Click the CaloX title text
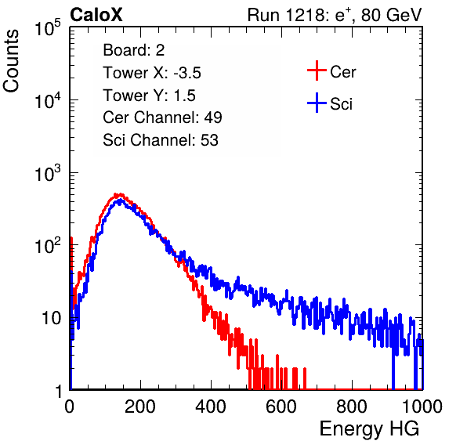click(x=96, y=15)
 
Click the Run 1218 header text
click(x=335, y=15)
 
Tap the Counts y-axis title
click(x=11, y=61)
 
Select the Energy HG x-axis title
click(x=369, y=428)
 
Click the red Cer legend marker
click(x=317, y=70)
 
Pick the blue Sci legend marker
click(x=317, y=103)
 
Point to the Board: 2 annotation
click(x=134, y=50)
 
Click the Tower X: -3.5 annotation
click(x=152, y=73)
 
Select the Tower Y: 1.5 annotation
click(x=149, y=96)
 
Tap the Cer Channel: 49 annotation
click(x=162, y=117)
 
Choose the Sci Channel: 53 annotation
click(x=161, y=140)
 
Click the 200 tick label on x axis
click(x=140, y=406)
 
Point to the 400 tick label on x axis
click(x=211, y=406)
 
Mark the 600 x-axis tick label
click(x=281, y=406)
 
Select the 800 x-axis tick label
click(x=352, y=406)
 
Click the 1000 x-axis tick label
click(x=422, y=406)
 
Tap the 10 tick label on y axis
click(x=52, y=318)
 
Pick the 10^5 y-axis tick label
click(x=48, y=27)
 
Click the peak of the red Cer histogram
click(x=119, y=194)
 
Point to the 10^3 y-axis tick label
click(x=48, y=173)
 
